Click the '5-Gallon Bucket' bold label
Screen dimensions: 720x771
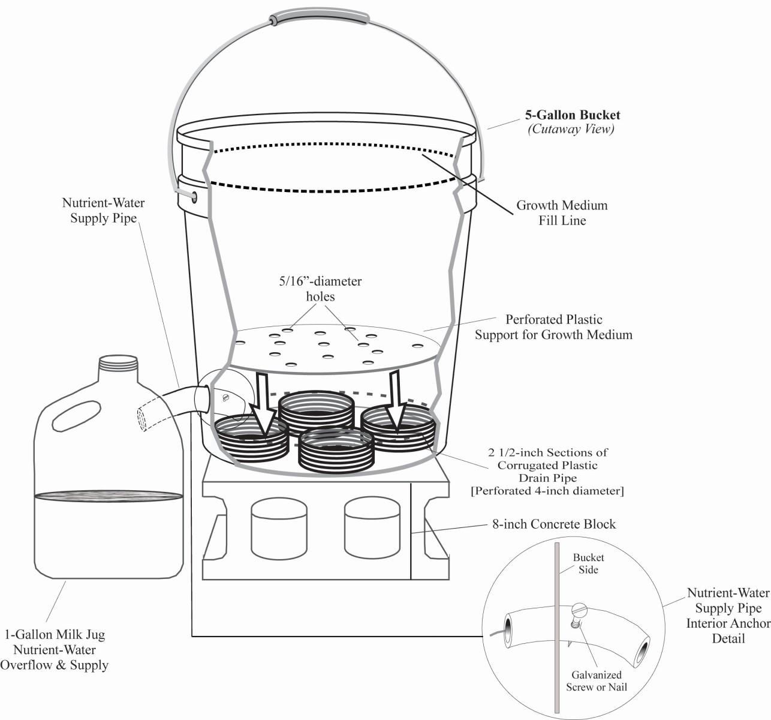pos(572,115)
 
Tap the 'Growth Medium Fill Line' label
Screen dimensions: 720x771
pos(562,213)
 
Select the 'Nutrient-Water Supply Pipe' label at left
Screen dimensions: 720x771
pos(103,211)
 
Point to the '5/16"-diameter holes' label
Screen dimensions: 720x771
pos(320,289)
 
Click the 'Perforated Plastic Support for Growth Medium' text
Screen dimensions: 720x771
pos(553,327)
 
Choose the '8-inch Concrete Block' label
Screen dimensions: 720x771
pos(553,524)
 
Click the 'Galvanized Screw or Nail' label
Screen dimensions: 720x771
pos(596,681)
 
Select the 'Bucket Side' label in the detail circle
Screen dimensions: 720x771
pos(588,563)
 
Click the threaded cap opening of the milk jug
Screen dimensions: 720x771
pos(119,362)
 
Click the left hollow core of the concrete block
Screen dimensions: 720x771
pos(279,528)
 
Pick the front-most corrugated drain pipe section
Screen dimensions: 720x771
pos(336,450)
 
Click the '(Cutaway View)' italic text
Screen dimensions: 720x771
pos(571,129)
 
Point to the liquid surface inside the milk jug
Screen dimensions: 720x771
pos(109,496)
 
